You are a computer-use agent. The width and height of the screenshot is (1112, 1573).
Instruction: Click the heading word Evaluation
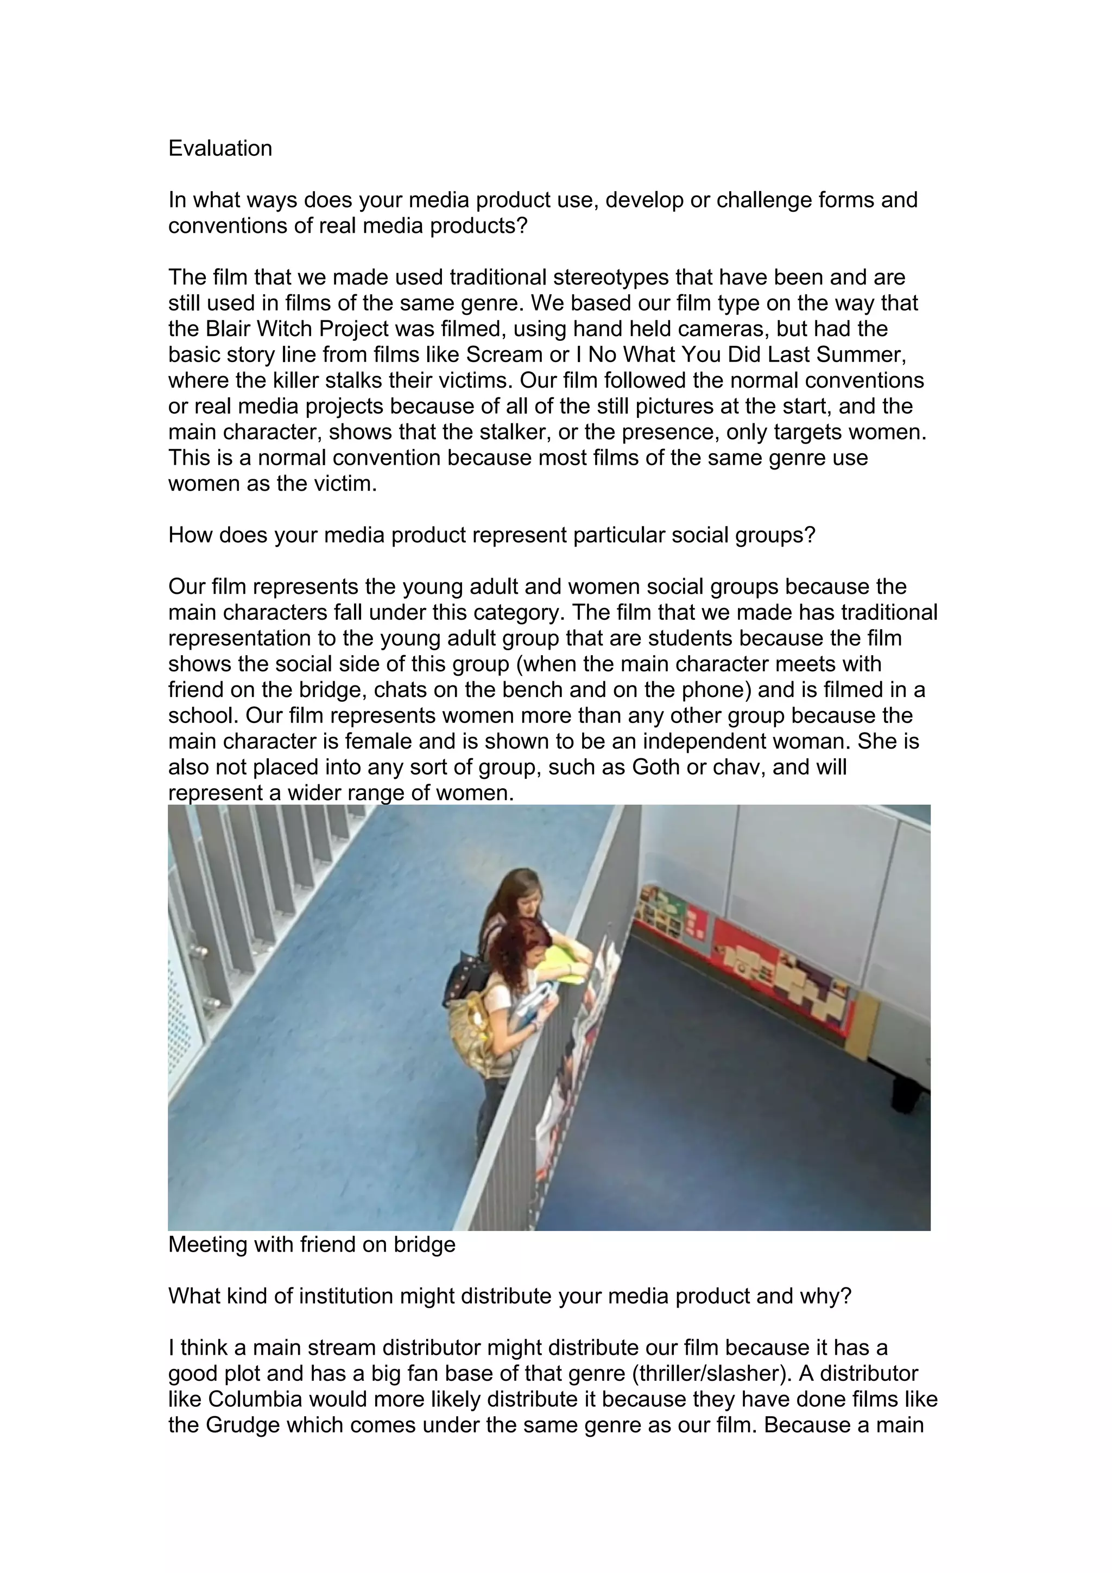coord(220,149)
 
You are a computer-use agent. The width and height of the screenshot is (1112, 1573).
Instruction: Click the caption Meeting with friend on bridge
coord(312,1244)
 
